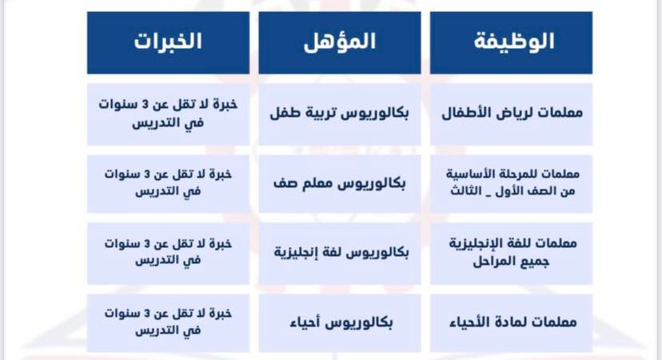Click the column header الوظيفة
(511, 42)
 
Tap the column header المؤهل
(340, 42)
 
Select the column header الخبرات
(168, 42)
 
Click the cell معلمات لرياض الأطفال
(511, 114)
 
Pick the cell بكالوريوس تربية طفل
(340, 114)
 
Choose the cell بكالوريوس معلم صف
(340, 184)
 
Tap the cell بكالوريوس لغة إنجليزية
(340, 254)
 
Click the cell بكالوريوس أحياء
(340, 323)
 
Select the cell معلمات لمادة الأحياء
(511, 323)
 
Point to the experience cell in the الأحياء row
(168, 323)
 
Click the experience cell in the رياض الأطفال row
(168, 114)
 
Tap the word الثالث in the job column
(465, 191)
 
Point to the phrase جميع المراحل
(511, 262)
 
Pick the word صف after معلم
(285, 184)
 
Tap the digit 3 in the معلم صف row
(147, 174)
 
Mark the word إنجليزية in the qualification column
(293, 253)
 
